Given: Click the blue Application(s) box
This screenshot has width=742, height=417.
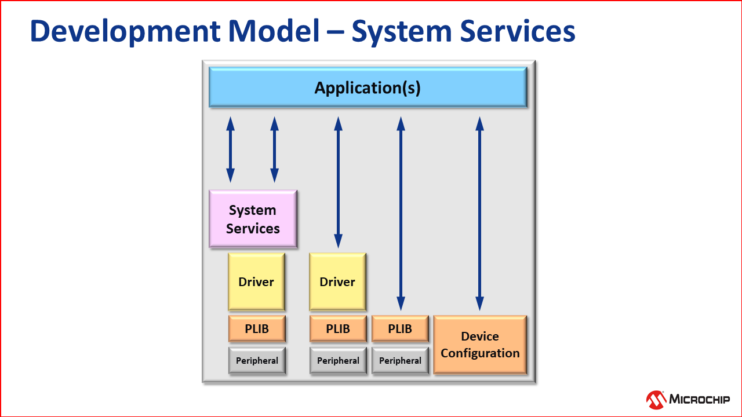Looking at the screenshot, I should (368, 87).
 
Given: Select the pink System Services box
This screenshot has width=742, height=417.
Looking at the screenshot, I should (253, 219).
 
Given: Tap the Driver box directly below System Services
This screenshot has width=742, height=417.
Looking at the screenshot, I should (256, 282).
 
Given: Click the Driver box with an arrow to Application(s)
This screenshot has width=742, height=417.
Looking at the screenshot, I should (337, 282).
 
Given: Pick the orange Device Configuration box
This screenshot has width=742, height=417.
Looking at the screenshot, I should (480, 345).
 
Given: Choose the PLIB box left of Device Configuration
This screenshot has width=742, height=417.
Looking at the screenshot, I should (400, 329).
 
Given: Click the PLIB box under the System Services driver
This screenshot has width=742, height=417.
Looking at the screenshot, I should (257, 329).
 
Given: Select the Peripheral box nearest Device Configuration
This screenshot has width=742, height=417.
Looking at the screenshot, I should (400, 360).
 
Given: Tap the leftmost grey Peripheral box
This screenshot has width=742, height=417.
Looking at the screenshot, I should (257, 360).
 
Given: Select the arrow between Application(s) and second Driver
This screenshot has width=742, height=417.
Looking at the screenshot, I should (338, 182).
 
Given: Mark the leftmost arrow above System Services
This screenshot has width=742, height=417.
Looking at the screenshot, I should (230, 149).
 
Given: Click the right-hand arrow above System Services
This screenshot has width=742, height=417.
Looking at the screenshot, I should (274, 149).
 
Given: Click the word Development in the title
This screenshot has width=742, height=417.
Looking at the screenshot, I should (111, 32).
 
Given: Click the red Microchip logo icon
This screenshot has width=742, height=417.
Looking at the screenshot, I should (656, 399).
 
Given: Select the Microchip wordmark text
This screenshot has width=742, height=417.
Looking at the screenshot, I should (700, 399).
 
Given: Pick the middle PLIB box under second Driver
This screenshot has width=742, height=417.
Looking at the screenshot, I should (338, 329).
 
